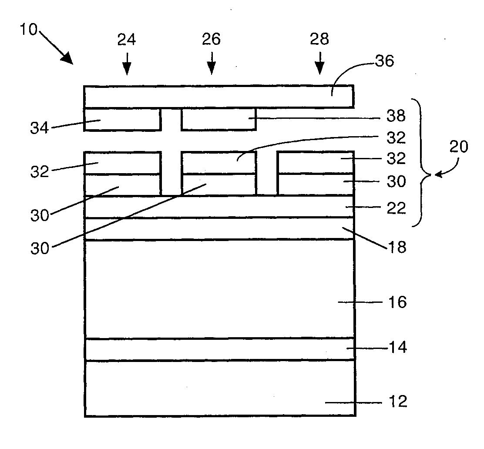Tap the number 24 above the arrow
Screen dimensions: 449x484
point(126,40)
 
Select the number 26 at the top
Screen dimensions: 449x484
point(211,40)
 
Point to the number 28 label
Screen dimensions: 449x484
point(319,40)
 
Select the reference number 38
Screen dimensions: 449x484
point(396,116)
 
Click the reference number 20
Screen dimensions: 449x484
point(458,147)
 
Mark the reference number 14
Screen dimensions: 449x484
point(397,348)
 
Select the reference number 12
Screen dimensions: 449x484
point(397,401)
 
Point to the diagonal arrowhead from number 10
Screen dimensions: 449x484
point(67,58)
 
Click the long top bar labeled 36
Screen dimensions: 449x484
point(218,96)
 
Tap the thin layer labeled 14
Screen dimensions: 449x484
point(218,349)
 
